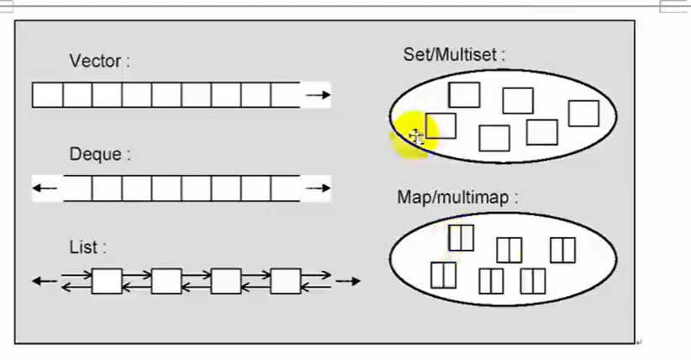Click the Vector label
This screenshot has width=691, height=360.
[99, 61]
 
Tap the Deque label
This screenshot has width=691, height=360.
[101, 155]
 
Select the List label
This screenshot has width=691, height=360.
[87, 247]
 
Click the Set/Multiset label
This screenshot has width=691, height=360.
[454, 55]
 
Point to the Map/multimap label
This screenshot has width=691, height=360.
[457, 198]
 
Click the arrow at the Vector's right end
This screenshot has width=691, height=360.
[317, 95]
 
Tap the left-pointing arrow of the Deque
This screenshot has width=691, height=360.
[45, 188]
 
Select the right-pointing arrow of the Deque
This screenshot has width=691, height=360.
[317, 188]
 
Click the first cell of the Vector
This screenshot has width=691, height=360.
[48, 95]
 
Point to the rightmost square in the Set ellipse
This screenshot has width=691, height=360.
[583, 113]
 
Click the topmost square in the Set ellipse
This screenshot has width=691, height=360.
[464, 95]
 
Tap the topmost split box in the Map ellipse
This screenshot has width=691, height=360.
[461, 237]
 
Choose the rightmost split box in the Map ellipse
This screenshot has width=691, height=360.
[562, 250]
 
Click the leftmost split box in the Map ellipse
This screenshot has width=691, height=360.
[443, 275]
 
